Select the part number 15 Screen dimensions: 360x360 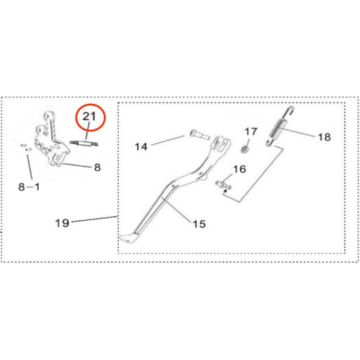[x=199, y=224]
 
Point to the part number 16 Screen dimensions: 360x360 [x=239, y=169]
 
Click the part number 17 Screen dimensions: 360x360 [x=251, y=131]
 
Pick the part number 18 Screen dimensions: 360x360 [x=323, y=138]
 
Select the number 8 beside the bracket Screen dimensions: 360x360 [x=98, y=167]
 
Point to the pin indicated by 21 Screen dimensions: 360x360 [x=84, y=143]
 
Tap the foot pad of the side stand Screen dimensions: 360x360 [x=127, y=239]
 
